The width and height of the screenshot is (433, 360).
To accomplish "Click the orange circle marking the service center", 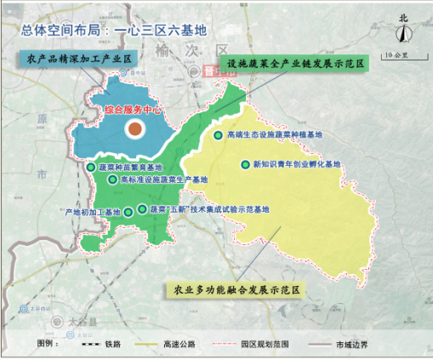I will coord(134,129).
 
